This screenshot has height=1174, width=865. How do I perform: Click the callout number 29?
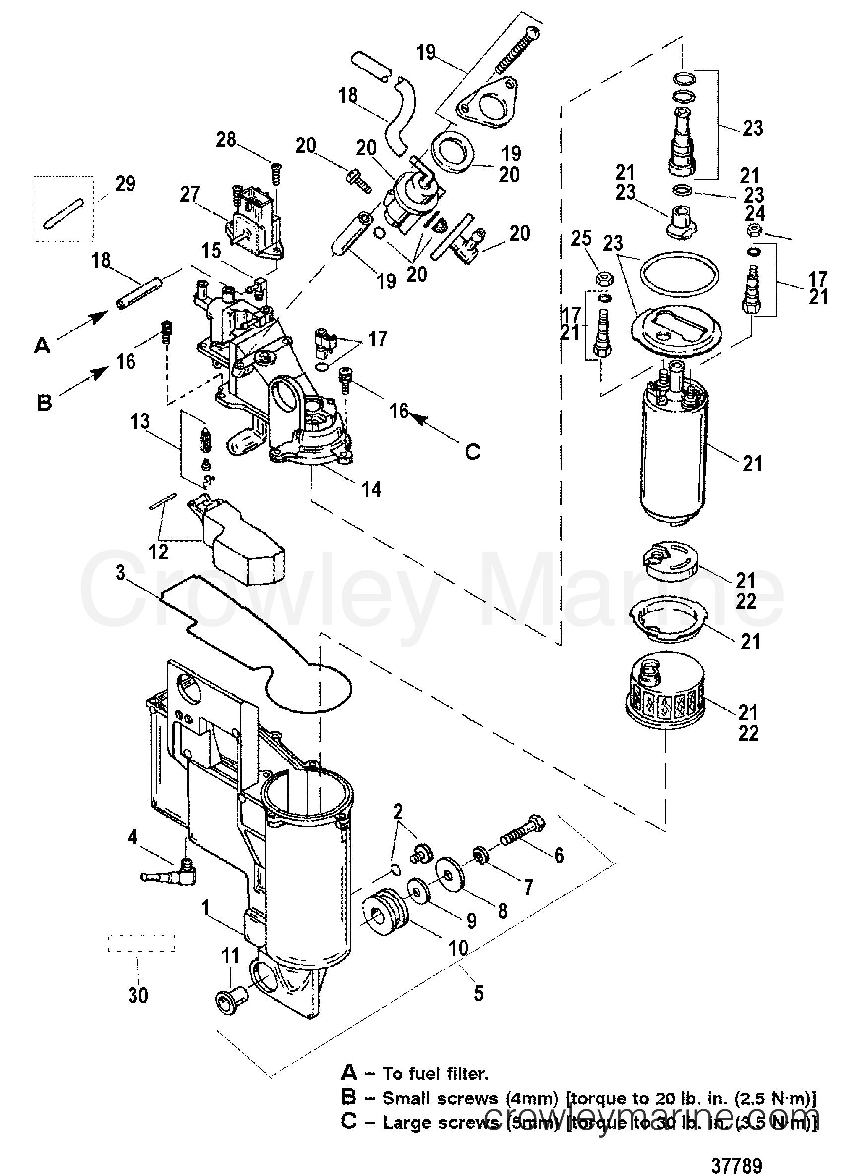pyautogui.click(x=125, y=184)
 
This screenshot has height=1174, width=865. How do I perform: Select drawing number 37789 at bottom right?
pyautogui.click(x=736, y=1151)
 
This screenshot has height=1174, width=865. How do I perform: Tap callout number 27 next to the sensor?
pyautogui.click(x=190, y=194)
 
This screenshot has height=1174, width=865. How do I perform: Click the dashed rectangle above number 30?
pyautogui.click(x=141, y=943)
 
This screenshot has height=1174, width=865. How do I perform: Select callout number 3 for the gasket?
pyautogui.click(x=121, y=573)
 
